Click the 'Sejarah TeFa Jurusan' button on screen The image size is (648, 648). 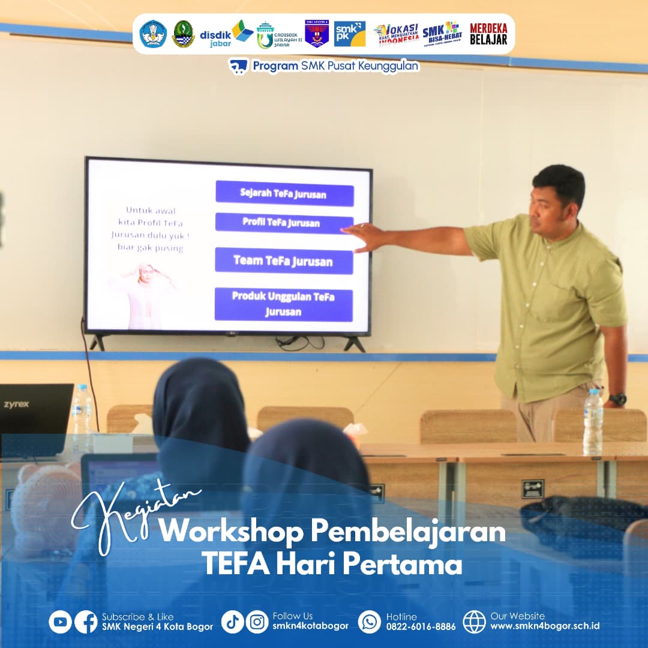pyautogui.click(x=284, y=193)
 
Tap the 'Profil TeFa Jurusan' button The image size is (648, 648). pyautogui.click(x=284, y=223)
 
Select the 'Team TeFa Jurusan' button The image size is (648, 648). pyautogui.click(x=284, y=261)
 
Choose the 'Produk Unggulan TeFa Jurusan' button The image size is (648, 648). pyautogui.click(x=283, y=304)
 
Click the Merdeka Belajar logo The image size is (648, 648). pyautogui.click(x=488, y=34)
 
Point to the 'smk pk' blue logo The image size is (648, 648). pyautogui.click(x=349, y=34)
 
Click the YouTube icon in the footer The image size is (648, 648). pyautogui.click(x=60, y=622)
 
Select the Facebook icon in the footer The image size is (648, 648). pyautogui.click(x=86, y=622)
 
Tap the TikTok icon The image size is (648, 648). pyautogui.click(x=232, y=622)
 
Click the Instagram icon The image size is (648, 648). pyautogui.click(x=257, y=622)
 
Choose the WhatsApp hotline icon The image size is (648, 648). pyautogui.click(x=370, y=622)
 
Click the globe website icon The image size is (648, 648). pyautogui.click(x=474, y=622)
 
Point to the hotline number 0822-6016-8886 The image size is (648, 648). pyautogui.click(x=421, y=626)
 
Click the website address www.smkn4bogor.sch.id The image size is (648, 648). pyautogui.click(x=545, y=626)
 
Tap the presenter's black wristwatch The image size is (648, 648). pyautogui.click(x=617, y=399)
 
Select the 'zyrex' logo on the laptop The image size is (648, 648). pyautogui.click(x=16, y=404)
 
